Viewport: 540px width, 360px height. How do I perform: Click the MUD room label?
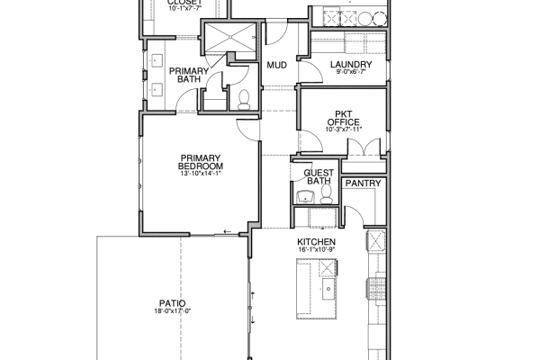277,65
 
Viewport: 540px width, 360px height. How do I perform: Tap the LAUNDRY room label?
351,65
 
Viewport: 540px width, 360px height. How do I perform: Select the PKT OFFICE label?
344,118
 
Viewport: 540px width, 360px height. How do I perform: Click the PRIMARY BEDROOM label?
201,162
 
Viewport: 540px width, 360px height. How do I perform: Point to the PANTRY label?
364,184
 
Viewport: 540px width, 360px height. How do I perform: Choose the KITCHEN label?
316,242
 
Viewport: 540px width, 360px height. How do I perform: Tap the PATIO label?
172,303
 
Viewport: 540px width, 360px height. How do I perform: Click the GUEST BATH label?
319,176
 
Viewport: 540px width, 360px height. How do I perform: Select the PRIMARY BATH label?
189,75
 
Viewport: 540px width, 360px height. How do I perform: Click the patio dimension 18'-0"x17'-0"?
172,311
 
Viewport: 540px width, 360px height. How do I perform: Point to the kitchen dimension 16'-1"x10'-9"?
316,249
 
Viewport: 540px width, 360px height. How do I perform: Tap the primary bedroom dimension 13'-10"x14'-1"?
201,174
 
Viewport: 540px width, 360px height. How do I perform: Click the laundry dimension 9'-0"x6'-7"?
351,72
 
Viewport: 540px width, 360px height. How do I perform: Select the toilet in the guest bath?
326,194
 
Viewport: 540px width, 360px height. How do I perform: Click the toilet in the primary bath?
244,100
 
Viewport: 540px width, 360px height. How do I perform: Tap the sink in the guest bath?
305,197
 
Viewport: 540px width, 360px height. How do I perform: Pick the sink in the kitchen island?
328,289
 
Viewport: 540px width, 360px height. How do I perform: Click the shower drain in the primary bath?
230,37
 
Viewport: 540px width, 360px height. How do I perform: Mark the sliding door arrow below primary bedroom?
228,232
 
